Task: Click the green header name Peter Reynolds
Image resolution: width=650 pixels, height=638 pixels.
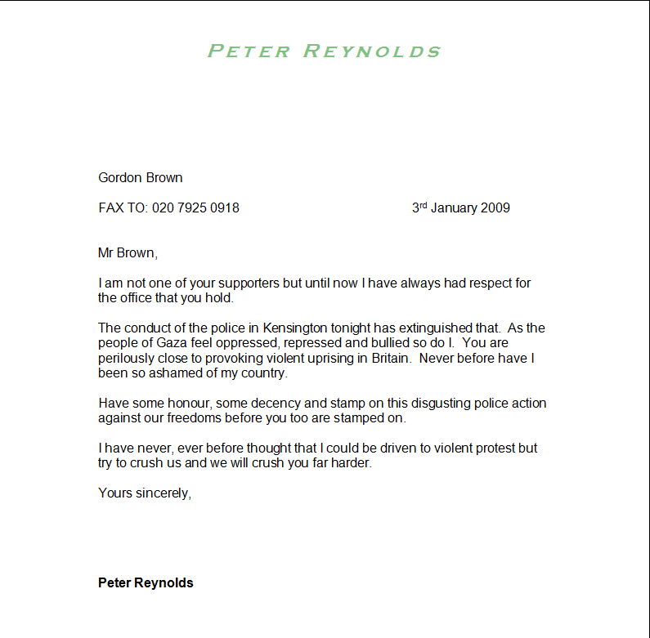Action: [324, 51]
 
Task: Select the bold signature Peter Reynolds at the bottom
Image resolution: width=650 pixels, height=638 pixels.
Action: [146, 583]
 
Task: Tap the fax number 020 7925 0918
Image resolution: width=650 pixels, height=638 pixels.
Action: [195, 208]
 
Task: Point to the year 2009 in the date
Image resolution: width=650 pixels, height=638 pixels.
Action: [495, 208]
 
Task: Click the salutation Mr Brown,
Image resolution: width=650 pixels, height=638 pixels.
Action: [127, 253]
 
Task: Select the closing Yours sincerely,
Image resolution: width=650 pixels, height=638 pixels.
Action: [145, 493]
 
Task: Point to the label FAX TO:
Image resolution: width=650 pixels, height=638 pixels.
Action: [123, 208]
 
